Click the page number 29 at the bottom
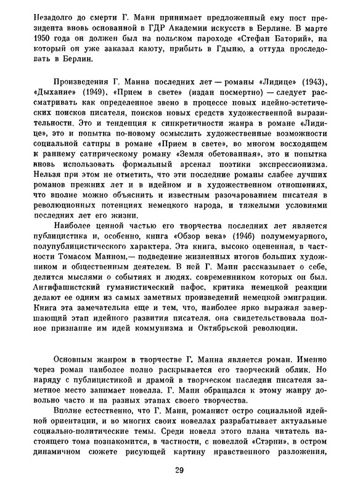[179, 471]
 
